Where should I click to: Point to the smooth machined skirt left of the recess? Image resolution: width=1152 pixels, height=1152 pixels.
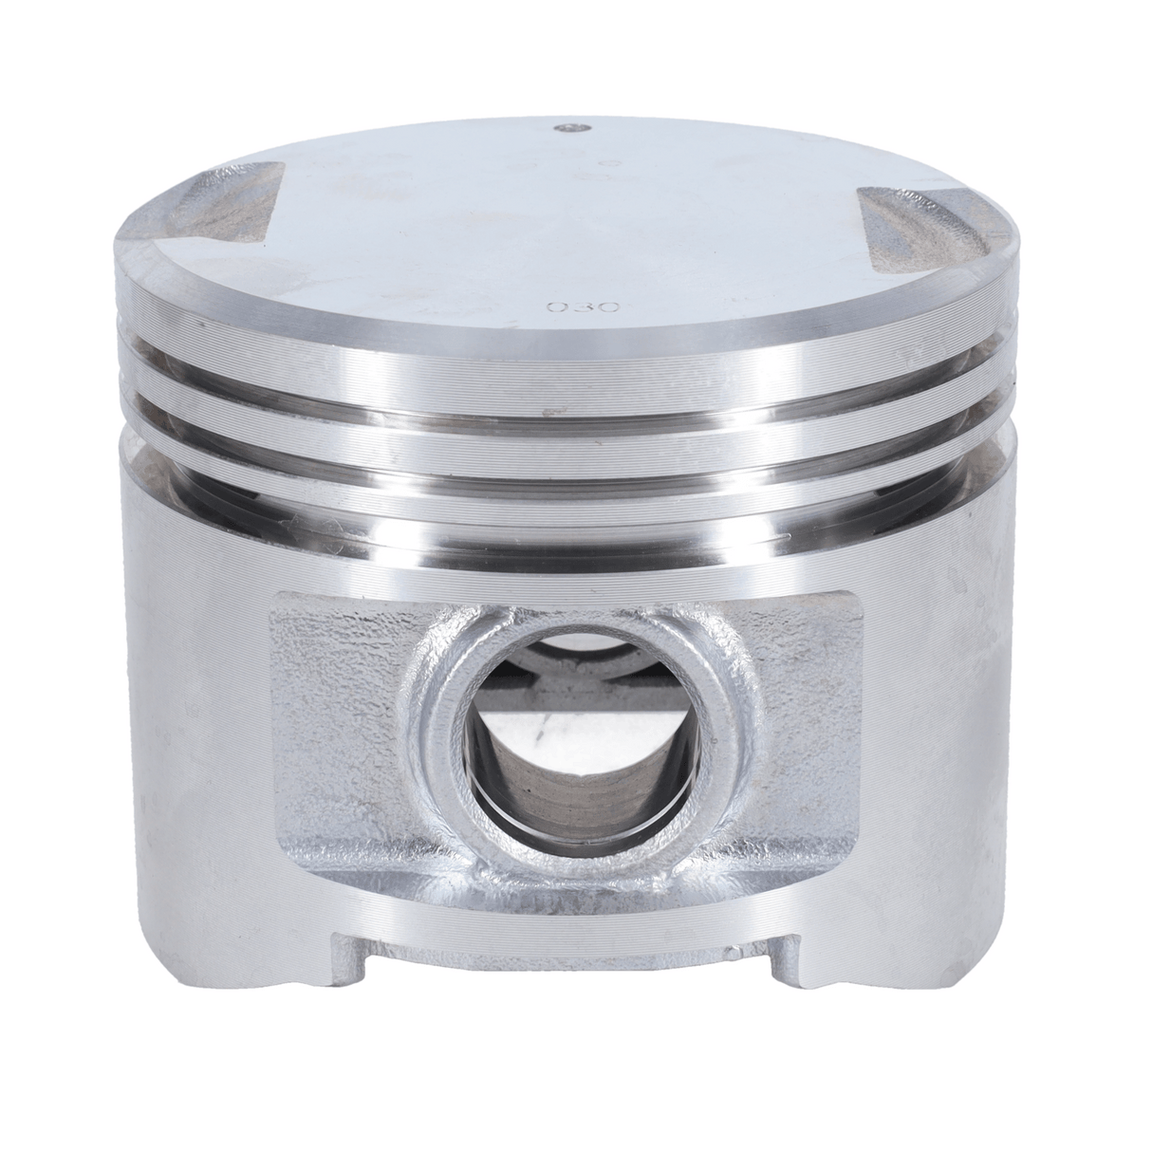point(190,721)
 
